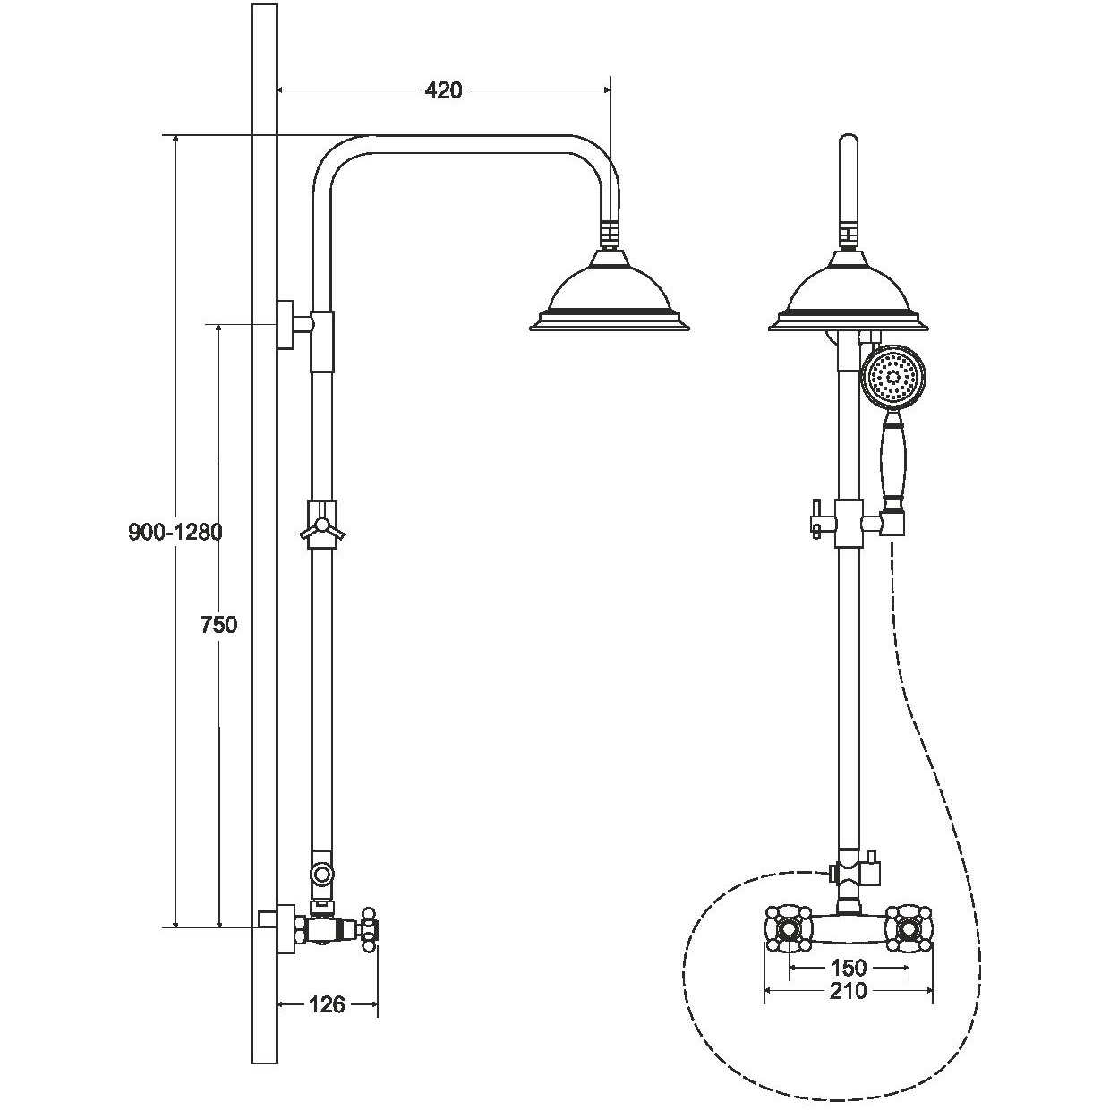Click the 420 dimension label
click(x=443, y=90)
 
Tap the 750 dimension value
click(x=219, y=625)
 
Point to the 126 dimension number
click(x=327, y=1004)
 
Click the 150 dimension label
click(x=848, y=967)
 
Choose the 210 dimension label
click(x=848, y=991)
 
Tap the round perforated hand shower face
click(x=893, y=378)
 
